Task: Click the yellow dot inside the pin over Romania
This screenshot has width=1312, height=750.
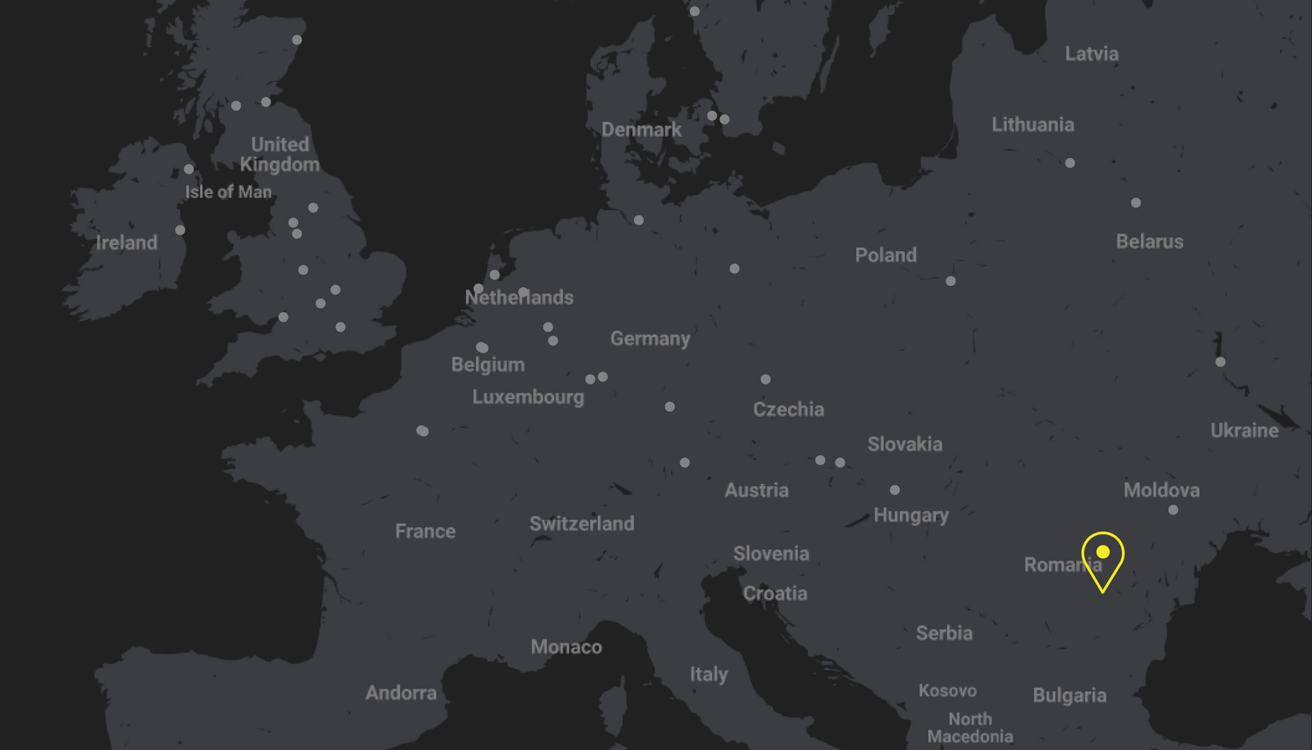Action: click(x=1103, y=552)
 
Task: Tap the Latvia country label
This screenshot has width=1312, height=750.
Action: click(x=1092, y=54)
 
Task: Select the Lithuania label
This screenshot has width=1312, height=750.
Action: click(x=1033, y=125)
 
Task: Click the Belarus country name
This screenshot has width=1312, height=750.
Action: click(x=1149, y=241)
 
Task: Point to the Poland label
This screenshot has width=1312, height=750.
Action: click(x=886, y=255)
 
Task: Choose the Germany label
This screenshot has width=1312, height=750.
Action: click(x=650, y=338)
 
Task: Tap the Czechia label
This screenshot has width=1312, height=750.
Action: click(x=788, y=410)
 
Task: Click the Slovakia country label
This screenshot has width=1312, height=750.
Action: click(x=905, y=444)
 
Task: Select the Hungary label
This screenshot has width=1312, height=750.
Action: click(x=911, y=515)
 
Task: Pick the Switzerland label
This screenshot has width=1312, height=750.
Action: click(x=582, y=524)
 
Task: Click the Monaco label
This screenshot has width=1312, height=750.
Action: click(x=567, y=647)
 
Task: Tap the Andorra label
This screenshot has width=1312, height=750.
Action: click(x=401, y=693)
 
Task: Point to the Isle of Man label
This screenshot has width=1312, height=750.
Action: click(x=228, y=192)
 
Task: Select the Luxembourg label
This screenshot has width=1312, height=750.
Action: click(x=528, y=397)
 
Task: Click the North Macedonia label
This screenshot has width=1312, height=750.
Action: click(x=970, y=728)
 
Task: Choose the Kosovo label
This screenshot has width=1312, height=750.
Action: click(x=947, y=691)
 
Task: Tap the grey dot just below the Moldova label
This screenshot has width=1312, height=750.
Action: click(x=1173, y=510)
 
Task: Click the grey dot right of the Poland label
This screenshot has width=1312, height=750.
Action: click(x=951, y=281)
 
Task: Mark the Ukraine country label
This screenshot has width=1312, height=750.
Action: click(x=1244, y=431)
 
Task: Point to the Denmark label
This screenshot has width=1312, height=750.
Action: click(x=641, y=130)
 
